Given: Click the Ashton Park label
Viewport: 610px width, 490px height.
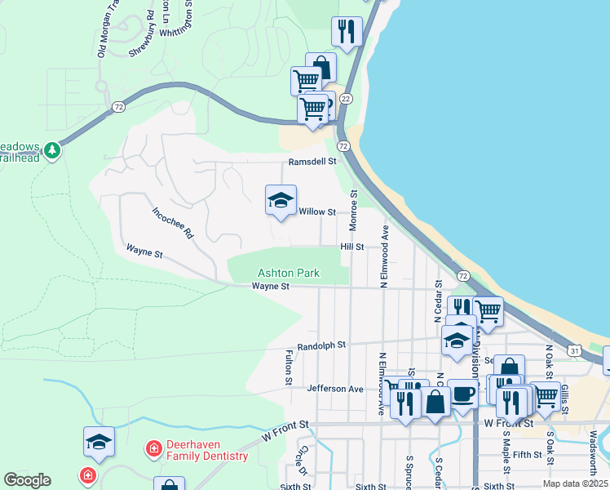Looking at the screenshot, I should click(x=289, y=273).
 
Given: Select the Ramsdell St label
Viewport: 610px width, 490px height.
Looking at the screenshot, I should click(x=312, y=162).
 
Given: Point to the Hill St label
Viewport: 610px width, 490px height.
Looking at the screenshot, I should click(x=351, y=246).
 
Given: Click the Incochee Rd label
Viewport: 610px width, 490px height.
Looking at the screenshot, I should click(x=172, y=222).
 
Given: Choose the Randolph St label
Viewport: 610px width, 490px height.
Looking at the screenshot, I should click(x=322, y=345).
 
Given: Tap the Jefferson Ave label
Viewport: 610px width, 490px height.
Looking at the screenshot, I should click(x=335, y=389).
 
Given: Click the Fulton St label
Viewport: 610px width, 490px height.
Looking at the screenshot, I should click(x=289, y=367).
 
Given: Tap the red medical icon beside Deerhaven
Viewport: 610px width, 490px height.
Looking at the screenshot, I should click(x=152, y=448).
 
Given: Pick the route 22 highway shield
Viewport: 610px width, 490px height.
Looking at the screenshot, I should click(x=346, y=98).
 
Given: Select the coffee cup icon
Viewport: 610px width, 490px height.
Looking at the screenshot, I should click(x=462, y=394).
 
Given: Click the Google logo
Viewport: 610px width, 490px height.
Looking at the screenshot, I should click(x=27, y=480).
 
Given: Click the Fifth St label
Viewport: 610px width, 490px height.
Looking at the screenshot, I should click(x=528, y=454).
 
